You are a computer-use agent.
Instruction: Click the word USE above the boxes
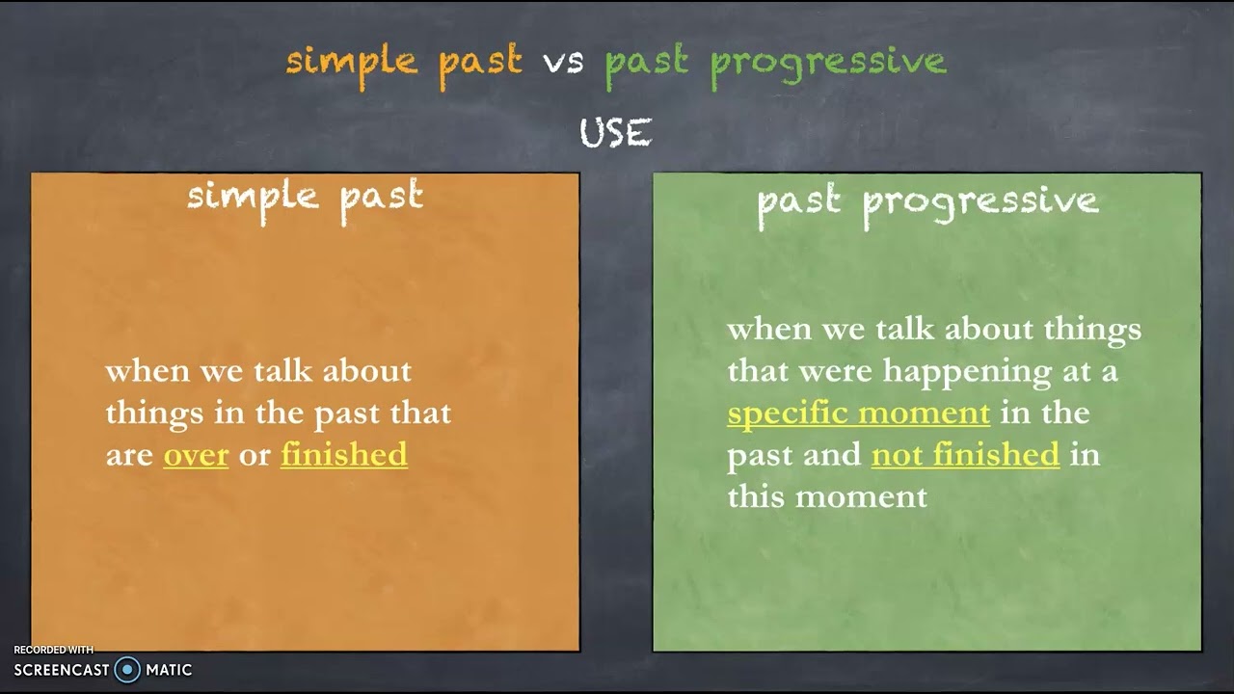[x=616, y=133]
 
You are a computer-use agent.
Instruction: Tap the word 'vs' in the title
[x=563, y=63]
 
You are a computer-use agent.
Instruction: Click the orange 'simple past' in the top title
[x=404, y=65]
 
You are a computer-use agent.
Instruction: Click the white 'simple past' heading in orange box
[x=306, y=201]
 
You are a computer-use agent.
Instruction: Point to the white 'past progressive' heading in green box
[x=928, y=205]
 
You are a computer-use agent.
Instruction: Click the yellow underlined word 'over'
[x=196, y=456]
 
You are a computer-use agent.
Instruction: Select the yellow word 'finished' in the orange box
[x=344, y=455]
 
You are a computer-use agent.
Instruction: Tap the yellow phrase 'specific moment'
[x=858, y=414]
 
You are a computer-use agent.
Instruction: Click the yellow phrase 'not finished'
[x=965, y=455]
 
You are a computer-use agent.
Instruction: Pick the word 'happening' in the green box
[x=967, y=372]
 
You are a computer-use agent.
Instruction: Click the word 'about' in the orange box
[x=367, y=371]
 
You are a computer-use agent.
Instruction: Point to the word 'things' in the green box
[x=1092, y=331]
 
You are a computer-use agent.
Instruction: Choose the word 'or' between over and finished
[x=255, y=457]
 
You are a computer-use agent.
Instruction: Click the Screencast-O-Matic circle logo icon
[x=127, y=669]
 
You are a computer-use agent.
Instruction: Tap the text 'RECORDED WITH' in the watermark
[x=53, y=650]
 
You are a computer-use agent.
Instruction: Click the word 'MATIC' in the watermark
[x=169, y=670]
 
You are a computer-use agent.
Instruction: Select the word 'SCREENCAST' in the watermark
[x=62, y=670]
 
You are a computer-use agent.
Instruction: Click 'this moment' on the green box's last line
[x=827, y=496]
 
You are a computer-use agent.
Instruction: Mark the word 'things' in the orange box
[x=154, y=414]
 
